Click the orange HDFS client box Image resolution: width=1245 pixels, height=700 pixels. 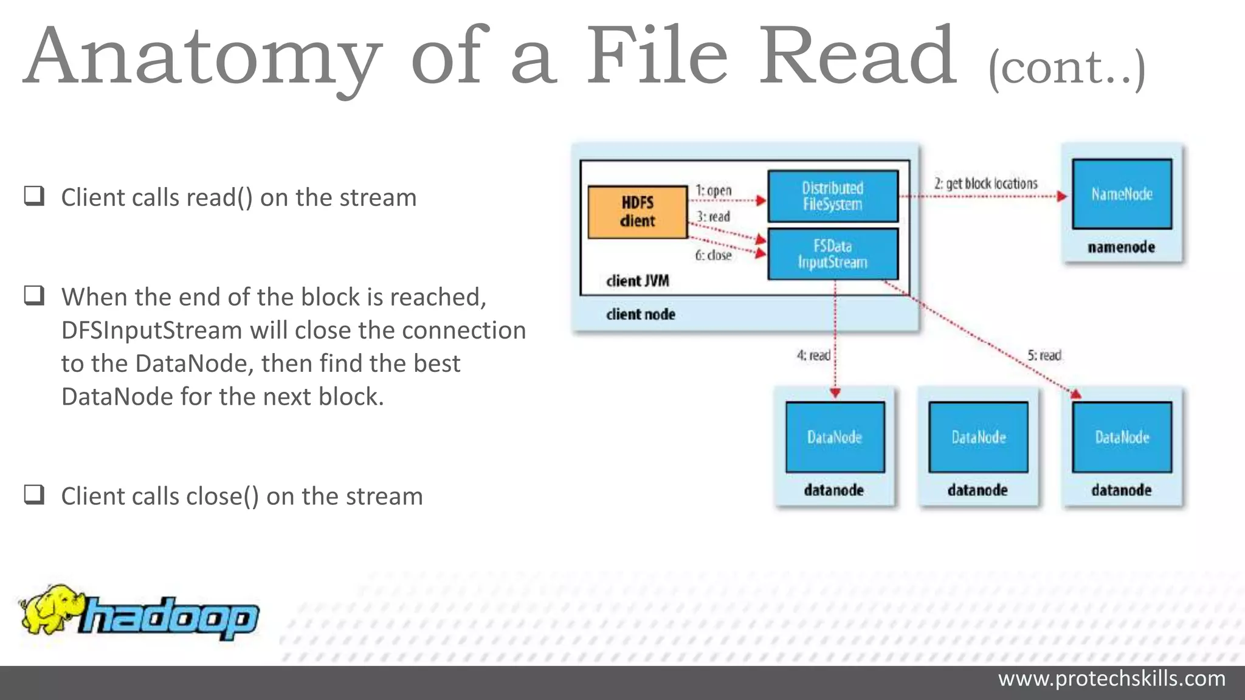click(637, 212)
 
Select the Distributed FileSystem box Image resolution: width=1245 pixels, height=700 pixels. click(832, 196)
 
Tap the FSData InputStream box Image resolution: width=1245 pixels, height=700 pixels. click(832, 254)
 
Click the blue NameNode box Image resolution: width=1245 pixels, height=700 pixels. click(1122, 194)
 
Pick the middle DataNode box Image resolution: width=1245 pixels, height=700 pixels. click(978, 437)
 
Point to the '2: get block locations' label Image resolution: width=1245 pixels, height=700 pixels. click(985, 183)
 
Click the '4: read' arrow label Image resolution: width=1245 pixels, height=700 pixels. click(813, 355)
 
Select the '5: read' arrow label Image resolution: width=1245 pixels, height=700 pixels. click(1044, 355)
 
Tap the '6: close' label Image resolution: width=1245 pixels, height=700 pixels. click(713, 255)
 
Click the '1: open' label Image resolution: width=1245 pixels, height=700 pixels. click(713, 190)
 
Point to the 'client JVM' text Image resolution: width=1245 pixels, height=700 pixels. click(637, 281)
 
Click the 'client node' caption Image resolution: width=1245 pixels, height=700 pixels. click(640, 314)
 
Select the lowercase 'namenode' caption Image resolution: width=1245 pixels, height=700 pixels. click(1121, 247)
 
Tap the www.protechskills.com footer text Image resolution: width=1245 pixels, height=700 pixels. click(1111, 679)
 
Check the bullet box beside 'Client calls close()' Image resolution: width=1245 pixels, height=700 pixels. click(34, 495)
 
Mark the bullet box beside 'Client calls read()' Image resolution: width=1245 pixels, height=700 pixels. click(34, 196)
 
